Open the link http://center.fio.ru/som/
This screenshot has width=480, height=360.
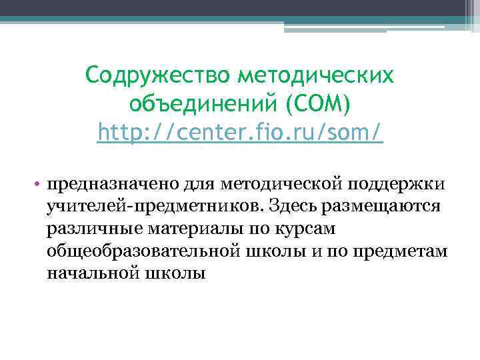(x=240, y=133)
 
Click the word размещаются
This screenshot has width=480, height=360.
(x=381, y=206)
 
